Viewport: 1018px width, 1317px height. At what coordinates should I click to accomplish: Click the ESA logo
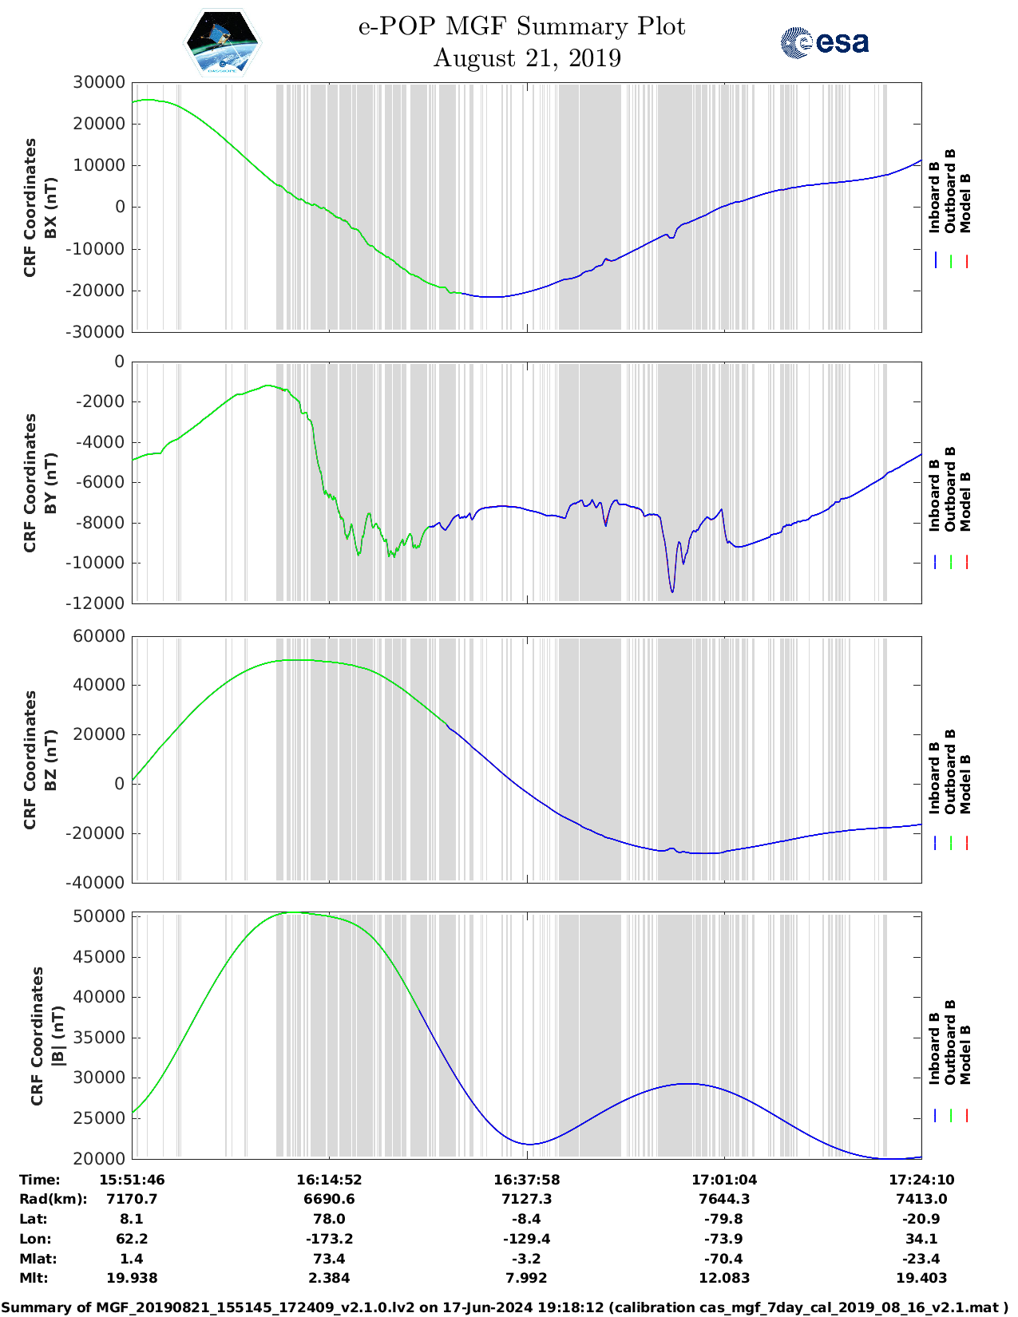tap(824, 42)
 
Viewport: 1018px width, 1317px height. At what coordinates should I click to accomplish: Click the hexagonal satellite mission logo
tap(222, 42)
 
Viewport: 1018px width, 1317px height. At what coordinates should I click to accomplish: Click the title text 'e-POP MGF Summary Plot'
tap(521, 26)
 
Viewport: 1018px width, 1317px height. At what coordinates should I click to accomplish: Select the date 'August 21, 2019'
tap(527, 58)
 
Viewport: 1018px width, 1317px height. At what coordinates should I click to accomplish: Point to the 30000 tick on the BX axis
tap(99, 82)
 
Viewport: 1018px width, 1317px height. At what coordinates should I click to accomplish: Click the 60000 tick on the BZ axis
tap(99, 636)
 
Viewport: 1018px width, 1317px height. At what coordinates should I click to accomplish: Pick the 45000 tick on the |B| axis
tap(99, 957)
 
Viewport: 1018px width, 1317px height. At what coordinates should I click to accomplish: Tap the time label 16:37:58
tap(526, 1180)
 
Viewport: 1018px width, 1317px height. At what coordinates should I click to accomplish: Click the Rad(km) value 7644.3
tap(724, 1199)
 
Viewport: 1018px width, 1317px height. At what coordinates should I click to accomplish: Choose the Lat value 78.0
tap(329, 1219)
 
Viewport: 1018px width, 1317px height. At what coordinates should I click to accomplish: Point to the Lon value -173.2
tap(329, 1239)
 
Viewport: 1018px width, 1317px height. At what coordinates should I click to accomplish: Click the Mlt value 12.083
tap(724, 1278)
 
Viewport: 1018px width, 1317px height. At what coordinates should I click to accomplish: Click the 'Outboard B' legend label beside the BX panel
tap(950, 192)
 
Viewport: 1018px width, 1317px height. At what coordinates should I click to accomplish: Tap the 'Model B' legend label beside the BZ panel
tap(965, 784)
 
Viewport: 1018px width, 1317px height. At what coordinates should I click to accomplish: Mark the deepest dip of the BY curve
tap(672, 591)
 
